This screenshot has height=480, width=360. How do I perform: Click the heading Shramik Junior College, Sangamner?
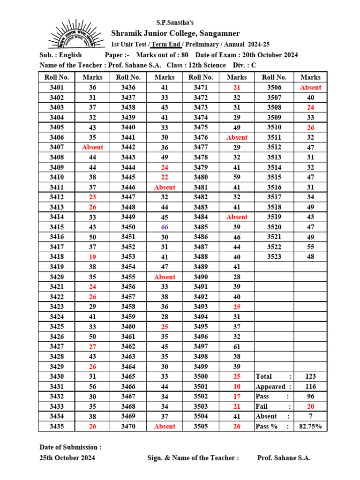175,33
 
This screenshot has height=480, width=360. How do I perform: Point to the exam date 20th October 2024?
270,55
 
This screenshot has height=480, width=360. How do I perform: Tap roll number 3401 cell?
56,88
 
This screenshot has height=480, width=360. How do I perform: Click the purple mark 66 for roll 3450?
165,227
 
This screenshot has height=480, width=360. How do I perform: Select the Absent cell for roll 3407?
92,147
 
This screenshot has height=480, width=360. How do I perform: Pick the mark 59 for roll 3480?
237,177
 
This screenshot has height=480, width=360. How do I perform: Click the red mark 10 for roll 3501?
237,387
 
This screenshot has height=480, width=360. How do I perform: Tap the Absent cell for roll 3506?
310,88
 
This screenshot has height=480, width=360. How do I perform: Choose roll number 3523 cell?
274,257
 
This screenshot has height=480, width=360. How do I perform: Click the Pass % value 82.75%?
310,427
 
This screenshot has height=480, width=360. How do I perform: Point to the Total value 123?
310,376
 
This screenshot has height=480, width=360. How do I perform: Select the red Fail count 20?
310,406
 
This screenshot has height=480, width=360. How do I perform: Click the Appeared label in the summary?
270,387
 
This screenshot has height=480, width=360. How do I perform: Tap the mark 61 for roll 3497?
237,346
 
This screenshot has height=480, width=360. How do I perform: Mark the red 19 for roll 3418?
92,257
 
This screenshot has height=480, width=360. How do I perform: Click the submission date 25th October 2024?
67,458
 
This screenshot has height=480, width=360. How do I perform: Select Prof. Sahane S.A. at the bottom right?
284,458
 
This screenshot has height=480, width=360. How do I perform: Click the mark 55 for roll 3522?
310,247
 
